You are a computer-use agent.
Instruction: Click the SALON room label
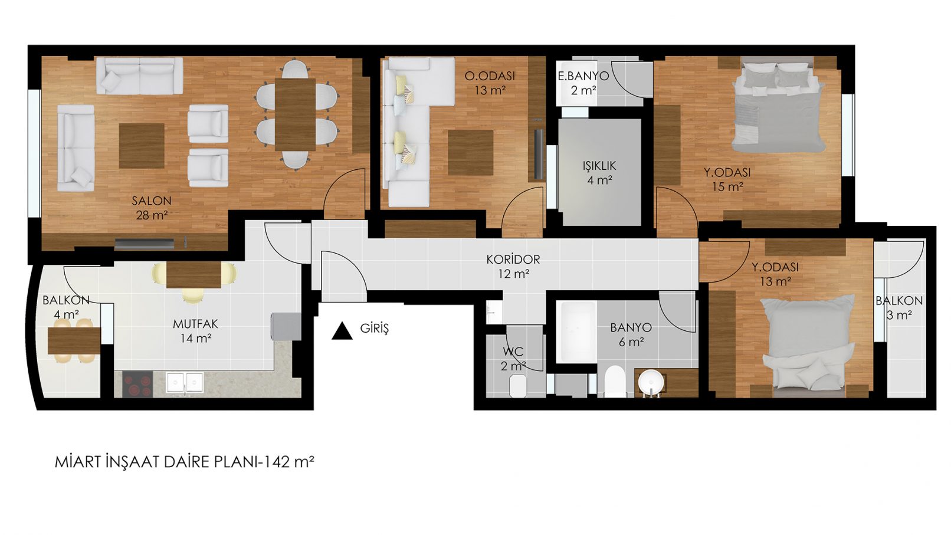(152, 201)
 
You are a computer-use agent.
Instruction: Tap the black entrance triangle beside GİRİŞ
(342, 331)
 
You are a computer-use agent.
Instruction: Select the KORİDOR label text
(513, 259)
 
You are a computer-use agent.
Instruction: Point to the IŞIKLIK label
(599, 166)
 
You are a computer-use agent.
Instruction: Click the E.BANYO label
(583, 76)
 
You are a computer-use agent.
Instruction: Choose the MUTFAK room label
(195, 324)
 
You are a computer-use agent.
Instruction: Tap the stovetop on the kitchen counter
(137, 384)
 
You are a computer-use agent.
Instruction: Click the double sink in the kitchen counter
(185, 382)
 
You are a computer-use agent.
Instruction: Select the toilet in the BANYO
(615, 381)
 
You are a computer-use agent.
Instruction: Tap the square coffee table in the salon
(142, 146)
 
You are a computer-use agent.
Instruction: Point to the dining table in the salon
(295, 114)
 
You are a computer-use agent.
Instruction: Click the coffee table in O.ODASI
(470, 153)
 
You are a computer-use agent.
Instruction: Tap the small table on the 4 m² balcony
(74, 340)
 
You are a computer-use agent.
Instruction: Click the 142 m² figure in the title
(289, 462)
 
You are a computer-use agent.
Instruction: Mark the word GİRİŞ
(375, 328)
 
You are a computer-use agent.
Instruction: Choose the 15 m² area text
(727, 187)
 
